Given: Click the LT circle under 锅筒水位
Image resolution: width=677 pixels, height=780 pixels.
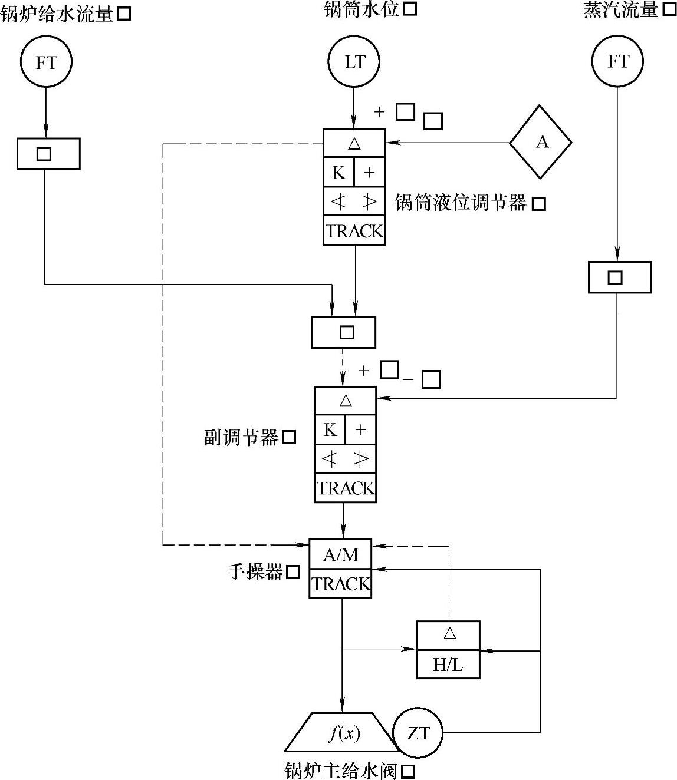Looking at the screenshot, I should (x=354, y=62).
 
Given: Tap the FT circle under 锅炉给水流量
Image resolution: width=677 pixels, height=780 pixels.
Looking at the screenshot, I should (x=46, y=62).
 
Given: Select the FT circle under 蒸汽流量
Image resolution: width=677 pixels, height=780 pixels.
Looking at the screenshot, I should (x=617, y=62).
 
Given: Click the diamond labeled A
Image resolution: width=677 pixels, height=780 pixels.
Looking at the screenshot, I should (x=540, y=142).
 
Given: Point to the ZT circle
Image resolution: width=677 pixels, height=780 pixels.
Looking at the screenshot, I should (x=418, y=733).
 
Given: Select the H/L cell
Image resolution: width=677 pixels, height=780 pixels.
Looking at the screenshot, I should (x=448, y=665).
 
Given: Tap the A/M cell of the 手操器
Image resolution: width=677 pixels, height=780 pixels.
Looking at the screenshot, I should (x=340, y=554).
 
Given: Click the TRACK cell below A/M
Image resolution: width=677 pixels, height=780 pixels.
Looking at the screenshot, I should (x=340, y=584).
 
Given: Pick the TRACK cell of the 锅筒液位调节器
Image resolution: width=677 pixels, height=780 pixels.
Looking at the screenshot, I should (x=354, y=231).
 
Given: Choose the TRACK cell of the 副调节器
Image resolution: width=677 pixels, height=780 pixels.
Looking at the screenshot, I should (x=345, y=488).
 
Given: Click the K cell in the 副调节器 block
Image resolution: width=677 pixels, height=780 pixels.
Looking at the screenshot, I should (x=330, y=430).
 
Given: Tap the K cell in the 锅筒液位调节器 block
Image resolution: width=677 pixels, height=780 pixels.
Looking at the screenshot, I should (x=338, y=173).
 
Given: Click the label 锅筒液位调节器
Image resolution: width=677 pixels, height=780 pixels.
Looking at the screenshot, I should (x=460, y=203).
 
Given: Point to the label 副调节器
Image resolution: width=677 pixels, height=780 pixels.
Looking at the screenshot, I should (x=241, y=437).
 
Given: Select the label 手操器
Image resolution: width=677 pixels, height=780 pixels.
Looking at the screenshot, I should (x=255, y=571).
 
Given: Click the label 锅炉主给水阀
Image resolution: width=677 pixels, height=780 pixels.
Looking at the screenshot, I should (x=341, y=771).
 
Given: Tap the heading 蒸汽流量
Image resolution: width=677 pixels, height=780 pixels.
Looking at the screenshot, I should (x=620, y=10).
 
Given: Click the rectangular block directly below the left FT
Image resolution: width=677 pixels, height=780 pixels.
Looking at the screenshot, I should (x=48, y=154).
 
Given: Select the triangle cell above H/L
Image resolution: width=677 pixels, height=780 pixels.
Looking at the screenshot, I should (x=449, y=634).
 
